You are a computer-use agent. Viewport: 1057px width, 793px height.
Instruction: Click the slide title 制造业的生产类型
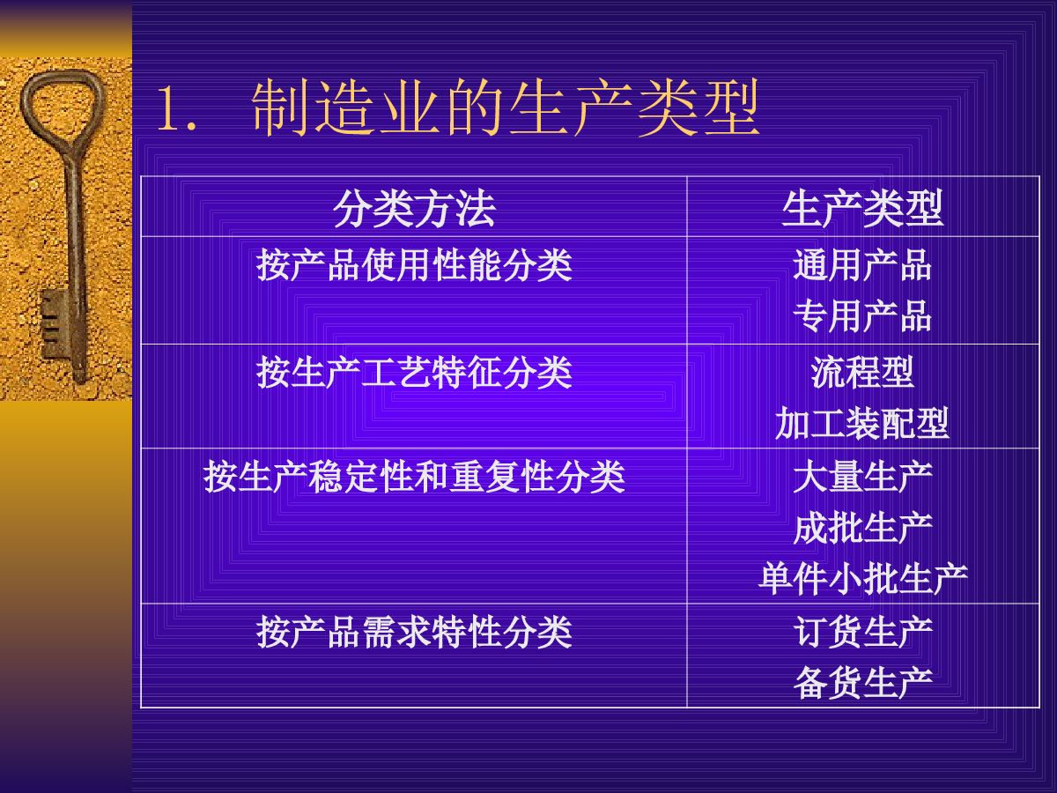tap(505, 107)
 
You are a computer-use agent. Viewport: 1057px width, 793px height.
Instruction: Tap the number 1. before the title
tap(176, 107)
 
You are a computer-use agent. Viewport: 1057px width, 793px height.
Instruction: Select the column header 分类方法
tap(414, 209)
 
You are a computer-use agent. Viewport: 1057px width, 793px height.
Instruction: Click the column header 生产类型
tap(862, 209)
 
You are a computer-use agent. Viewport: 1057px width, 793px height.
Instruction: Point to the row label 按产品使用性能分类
tap(414, 265)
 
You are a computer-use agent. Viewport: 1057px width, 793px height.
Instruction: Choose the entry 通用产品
tap(862, 265)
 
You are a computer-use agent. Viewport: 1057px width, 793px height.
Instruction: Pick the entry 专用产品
tap(862, 315)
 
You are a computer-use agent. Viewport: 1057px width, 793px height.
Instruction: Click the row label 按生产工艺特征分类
tap(414, 372)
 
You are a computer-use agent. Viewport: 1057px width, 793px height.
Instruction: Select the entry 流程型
tap(862, 372)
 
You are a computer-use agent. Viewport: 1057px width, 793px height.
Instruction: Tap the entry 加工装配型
tap(862, 423)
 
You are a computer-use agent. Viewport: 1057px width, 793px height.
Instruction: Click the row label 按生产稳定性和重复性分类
tap(414, 477)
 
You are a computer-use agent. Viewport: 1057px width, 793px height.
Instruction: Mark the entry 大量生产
tap(862, 477)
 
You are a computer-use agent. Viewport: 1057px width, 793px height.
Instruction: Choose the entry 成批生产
tap(862, 528)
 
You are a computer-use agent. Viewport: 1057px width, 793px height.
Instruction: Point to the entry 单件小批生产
tap(862, 579)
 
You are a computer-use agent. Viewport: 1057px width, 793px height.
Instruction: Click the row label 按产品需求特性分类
tap(414, 632)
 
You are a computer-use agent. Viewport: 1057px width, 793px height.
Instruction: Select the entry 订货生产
tap(862, 632)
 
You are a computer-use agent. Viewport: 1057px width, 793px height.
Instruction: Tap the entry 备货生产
tap(862, 683)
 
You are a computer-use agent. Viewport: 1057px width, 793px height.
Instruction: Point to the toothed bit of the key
tap(54, 323)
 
